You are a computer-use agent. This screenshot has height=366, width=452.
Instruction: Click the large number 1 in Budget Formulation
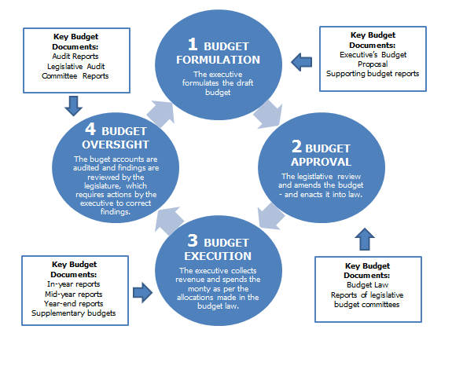193,44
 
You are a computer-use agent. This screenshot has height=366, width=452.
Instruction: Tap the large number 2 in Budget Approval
296,146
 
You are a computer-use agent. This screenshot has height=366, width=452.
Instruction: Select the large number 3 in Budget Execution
193,240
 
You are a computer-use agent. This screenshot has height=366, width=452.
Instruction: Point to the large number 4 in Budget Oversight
90,129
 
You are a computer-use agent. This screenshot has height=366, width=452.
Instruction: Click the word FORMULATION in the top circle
218,60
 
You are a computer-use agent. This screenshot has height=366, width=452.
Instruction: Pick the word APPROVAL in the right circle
321,162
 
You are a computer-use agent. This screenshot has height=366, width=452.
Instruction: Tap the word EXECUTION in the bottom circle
218,256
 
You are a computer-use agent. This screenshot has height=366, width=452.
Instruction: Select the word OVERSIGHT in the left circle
116,145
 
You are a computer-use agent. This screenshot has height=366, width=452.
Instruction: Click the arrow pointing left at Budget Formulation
302,62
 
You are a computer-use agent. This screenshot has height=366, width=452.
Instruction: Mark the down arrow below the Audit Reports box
73,106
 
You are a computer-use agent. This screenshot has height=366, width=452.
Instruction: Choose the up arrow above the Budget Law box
365,240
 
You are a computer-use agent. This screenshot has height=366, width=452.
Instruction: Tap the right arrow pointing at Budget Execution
143,293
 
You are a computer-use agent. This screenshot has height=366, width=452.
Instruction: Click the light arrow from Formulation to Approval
268,114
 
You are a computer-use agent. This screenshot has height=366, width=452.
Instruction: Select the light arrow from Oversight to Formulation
161,113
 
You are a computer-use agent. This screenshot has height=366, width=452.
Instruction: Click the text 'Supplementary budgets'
74,313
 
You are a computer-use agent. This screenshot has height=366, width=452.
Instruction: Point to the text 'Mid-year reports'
74,295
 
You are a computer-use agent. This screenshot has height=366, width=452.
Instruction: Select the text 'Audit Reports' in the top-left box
75,56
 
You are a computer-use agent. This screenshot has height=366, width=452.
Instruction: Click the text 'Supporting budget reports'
373,74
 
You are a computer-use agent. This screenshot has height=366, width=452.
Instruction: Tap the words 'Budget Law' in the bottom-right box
368,285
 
